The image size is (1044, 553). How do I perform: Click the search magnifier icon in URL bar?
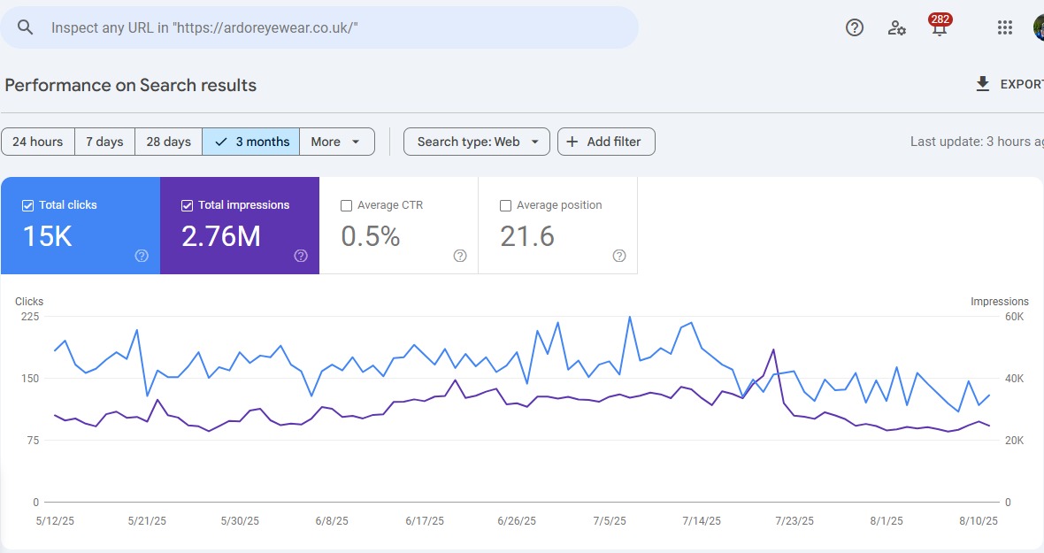click(26, 27)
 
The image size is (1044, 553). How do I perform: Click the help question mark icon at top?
click(854, 27)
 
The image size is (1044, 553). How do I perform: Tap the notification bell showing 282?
click(939, 27)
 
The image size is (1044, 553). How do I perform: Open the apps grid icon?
click(1004, 27)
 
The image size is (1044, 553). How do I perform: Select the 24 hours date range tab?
click(37, 142)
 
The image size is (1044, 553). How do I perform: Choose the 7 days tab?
click(104, 142)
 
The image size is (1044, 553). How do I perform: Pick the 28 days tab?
click(168, 142)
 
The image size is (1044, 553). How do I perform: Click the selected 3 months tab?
click(251, 142)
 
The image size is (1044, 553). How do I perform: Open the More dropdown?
click(336, 142)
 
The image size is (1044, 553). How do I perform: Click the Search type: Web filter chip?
click(477, 142)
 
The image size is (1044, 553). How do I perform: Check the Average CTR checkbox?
click(346, 205)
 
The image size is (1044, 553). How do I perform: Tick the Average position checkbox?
click(505, 205)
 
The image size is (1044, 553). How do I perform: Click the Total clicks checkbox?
click(27, 205)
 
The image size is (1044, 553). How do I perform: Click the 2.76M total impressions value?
click(220, 236)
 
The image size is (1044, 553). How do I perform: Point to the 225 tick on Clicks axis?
click(30, 317)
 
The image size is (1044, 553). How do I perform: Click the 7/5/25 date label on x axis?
click(610, 521)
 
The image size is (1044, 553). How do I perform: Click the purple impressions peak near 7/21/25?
click(774, 349)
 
